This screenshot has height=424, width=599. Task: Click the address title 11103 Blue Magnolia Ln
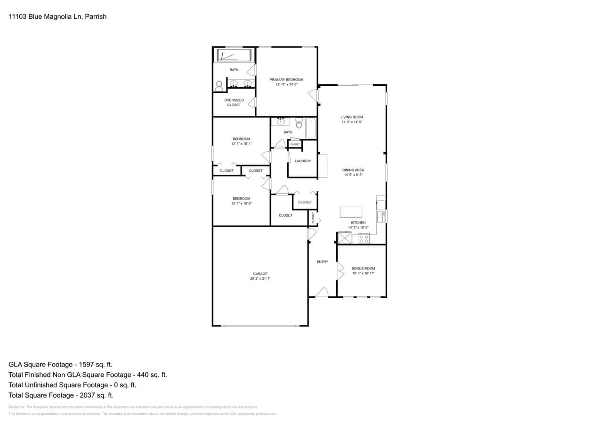pyautogui.click(x=57, y=16)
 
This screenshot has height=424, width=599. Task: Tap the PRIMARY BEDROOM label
pyautogui.click(x=286, y=80)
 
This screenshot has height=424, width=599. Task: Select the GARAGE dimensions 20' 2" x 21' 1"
pyautogui.click(x=260, y=279)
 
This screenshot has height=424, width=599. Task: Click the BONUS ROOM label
pyautogui.click(x=363, y=269)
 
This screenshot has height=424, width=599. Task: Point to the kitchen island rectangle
pyautogui.click(x=351, y=212)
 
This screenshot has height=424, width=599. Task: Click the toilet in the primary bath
pyautogui.click(x=219, y=86)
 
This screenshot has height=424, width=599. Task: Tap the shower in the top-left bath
pyautogui.click(x=234, y=55)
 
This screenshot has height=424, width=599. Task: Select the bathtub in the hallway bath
pyautogui.click(x=311, y=128)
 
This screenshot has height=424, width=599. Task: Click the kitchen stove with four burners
pyautogui.click(x=364, y=239)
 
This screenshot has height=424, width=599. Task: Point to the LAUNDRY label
pyautogui.click(x=303, y=161)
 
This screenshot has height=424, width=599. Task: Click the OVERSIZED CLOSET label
pyautogui.click(x=234, y=102)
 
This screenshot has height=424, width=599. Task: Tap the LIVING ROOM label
pyautogui.click(x=352, y=117)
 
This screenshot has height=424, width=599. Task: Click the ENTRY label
pyautogui.click(x=322, y=262)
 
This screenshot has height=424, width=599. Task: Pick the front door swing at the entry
pyautogui.click(x=322, y=293)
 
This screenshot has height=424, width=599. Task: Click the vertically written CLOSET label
pyautogui.click(x=313, y=218)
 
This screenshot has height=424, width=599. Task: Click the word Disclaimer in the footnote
pyautogui.click(x=17, y=407)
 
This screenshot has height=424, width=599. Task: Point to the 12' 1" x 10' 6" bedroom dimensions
pyautogui.click(x=241, y=204)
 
